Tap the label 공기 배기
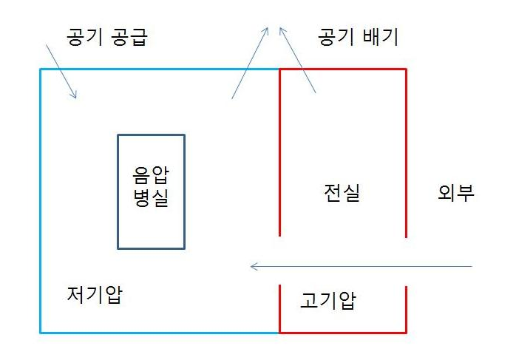358,38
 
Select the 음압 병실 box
151,191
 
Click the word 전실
342,194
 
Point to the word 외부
455,194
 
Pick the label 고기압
328,301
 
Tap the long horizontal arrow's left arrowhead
251,266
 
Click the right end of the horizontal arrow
471,266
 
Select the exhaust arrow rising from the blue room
251,63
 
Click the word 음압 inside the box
151,176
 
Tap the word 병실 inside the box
151,199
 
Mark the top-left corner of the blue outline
40,69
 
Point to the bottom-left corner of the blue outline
40,332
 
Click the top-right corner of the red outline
406,69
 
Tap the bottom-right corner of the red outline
406,332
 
